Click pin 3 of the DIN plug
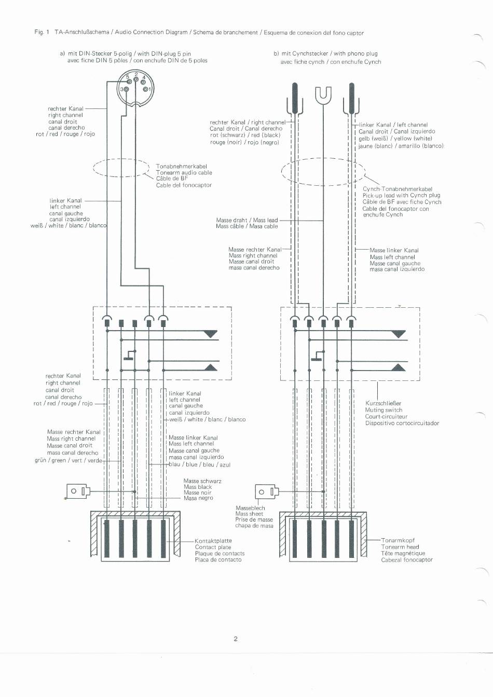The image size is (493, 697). click(125, 89)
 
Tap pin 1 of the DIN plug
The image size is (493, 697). click(146, 89)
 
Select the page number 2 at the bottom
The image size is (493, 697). click(236, 639)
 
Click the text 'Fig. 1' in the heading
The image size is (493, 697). click(42, 32)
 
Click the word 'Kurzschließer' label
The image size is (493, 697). click(383, 403)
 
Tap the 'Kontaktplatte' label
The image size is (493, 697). click(213, 541)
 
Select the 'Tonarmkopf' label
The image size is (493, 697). click(398, 540)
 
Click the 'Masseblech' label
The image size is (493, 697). click(250, 508)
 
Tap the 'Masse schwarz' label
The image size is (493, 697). click(202, 481)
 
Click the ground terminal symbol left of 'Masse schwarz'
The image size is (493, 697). click(78, 490)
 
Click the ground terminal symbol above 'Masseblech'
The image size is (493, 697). click(266, 491)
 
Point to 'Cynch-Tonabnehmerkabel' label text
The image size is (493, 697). click(398, 189)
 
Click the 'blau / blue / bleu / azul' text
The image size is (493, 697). click(200, 464)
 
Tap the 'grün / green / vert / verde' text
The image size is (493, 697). click(68, 460)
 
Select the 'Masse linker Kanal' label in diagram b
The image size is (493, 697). click(394, 250)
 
